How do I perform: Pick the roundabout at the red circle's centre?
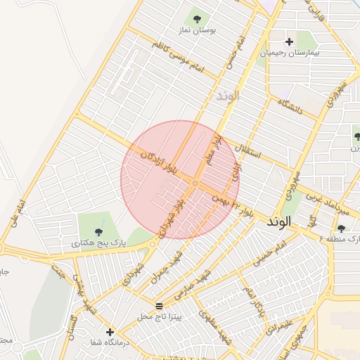tap(195, 184)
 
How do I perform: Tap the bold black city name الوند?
tap(278, 221)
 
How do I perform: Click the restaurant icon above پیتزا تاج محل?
tap(159, 306)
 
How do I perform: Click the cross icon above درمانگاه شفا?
tap(110, 332)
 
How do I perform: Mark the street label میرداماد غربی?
tap(326, 204)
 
